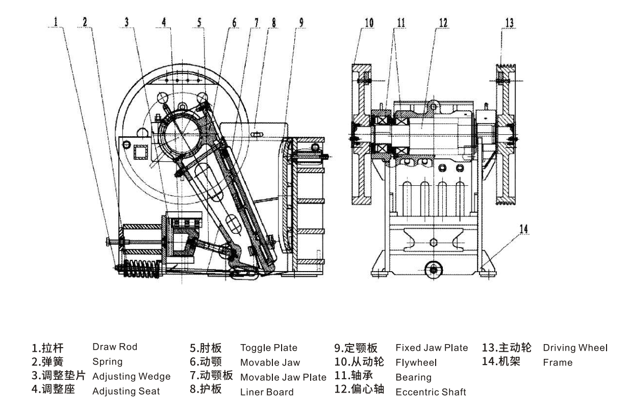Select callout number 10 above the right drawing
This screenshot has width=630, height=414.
(x=369, y=22)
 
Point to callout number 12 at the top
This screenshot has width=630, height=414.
(x=442, y=22)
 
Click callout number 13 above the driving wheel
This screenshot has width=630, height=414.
(x=509, y=22)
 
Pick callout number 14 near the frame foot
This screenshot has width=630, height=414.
(x=523, y=229)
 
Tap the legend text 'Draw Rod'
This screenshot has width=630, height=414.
(x=115, y=347)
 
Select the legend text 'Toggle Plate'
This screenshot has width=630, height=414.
(x=268, y=348)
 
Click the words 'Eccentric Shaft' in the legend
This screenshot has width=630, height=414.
(x=431, y=392)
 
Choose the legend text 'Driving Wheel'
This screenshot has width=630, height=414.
(x=575, y=348)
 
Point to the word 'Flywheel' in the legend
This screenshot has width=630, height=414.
(x=416, y=363)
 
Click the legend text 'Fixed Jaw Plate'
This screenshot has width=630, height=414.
(x=432, y=348)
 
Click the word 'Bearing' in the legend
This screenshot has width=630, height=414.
(x=413, y=378)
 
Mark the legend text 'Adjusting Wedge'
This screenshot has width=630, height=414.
(x=131, y=377)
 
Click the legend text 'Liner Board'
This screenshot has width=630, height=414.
(x=267, y=392)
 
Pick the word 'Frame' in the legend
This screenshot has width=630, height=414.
(x=558, y=363)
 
